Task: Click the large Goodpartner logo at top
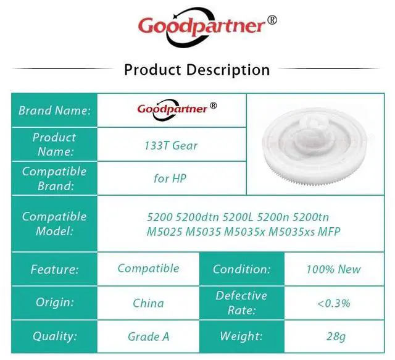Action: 207,27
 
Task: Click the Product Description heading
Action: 197,70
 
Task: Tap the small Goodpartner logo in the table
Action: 177,109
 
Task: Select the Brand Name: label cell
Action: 54,110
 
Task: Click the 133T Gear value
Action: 171,146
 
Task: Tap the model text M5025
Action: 164,232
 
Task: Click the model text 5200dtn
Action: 197,217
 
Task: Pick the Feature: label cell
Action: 54,269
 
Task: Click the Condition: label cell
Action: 242,269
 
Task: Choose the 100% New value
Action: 334,269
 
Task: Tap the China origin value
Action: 148,303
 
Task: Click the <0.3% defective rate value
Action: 334,303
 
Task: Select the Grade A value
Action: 148,337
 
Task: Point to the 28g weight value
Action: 336,337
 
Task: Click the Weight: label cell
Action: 242,337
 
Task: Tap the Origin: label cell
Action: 54,303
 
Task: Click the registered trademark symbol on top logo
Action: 272,20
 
